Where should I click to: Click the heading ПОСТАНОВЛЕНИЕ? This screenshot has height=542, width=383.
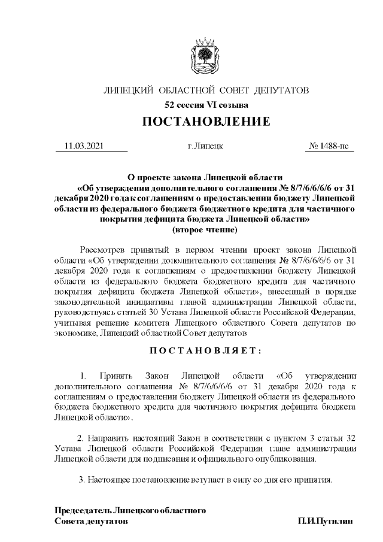206,122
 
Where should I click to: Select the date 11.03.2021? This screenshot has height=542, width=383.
84,146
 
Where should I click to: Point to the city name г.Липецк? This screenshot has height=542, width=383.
205,146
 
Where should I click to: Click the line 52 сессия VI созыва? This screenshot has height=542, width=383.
206,105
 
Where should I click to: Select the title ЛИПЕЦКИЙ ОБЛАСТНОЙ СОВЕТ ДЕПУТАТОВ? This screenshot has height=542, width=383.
206,91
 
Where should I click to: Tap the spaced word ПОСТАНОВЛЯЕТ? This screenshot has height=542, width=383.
206,350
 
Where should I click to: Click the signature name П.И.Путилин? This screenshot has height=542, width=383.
326,522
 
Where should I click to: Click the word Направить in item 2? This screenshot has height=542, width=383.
111,438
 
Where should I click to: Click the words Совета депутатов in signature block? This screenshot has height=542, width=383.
91,522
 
